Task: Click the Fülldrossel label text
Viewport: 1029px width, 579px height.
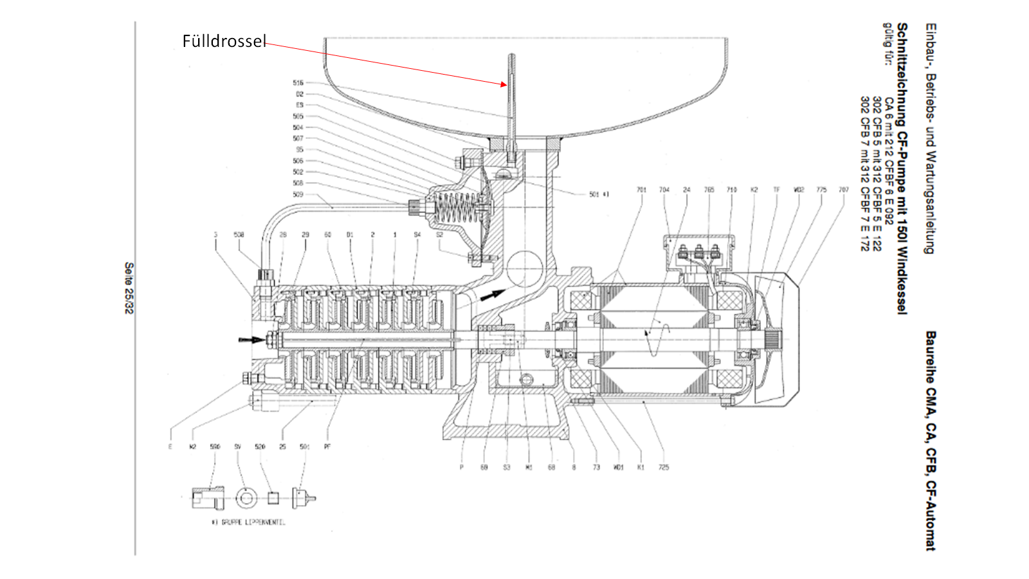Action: pyautogui.click(x=224, y=41)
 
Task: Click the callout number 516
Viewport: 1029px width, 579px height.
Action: pyautogui.click(x=298, y=83)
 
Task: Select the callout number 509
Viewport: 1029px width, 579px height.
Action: pyautogui.click(x=298, y=194)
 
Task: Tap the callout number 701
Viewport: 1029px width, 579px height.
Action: pyautogui.click(x=641, y=190)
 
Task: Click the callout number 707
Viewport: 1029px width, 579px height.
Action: pyautogui.click(x=844, y=190)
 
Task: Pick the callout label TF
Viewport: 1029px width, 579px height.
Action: pyautogui.click(x=776, y=190)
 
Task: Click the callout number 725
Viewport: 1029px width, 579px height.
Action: pyautogui.click(x=664, y=467)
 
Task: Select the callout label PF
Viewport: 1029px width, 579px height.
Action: pyautogui.click(x=327, y=446)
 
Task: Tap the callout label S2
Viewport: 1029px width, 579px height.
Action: pyautogui.click(x=440, y=235)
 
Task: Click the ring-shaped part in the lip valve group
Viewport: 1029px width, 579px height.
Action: pyautogui.click(x=245, y=497)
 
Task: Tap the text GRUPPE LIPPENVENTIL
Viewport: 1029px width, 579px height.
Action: pyautogui.click(x=248, y=522)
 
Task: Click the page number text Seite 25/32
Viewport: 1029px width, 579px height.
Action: pyautogui.click(x=129, y=288)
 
